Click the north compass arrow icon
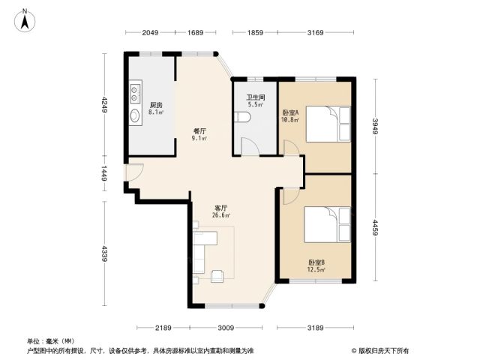coord(25,20)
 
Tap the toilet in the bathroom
coord(242,117)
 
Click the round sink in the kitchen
coord(135,115)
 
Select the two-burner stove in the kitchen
coord(135,94)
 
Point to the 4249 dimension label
coord(105,105)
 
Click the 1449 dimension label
coord(104,173)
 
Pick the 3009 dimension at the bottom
coord(226,328)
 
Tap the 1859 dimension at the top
coord(255,32)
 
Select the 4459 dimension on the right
coord(376,227)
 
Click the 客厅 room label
coord(221,208)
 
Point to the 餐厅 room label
coord(199,131)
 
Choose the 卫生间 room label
coord(256,97)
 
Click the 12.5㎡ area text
coord(316,270)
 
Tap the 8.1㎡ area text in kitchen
coord(156,112)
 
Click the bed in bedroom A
coord(328,124)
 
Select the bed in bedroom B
coord(327,224)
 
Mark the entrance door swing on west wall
coord(135,173)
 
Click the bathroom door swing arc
coord(250,146)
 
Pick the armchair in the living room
coord(217,276)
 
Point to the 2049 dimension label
coord(150,32)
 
